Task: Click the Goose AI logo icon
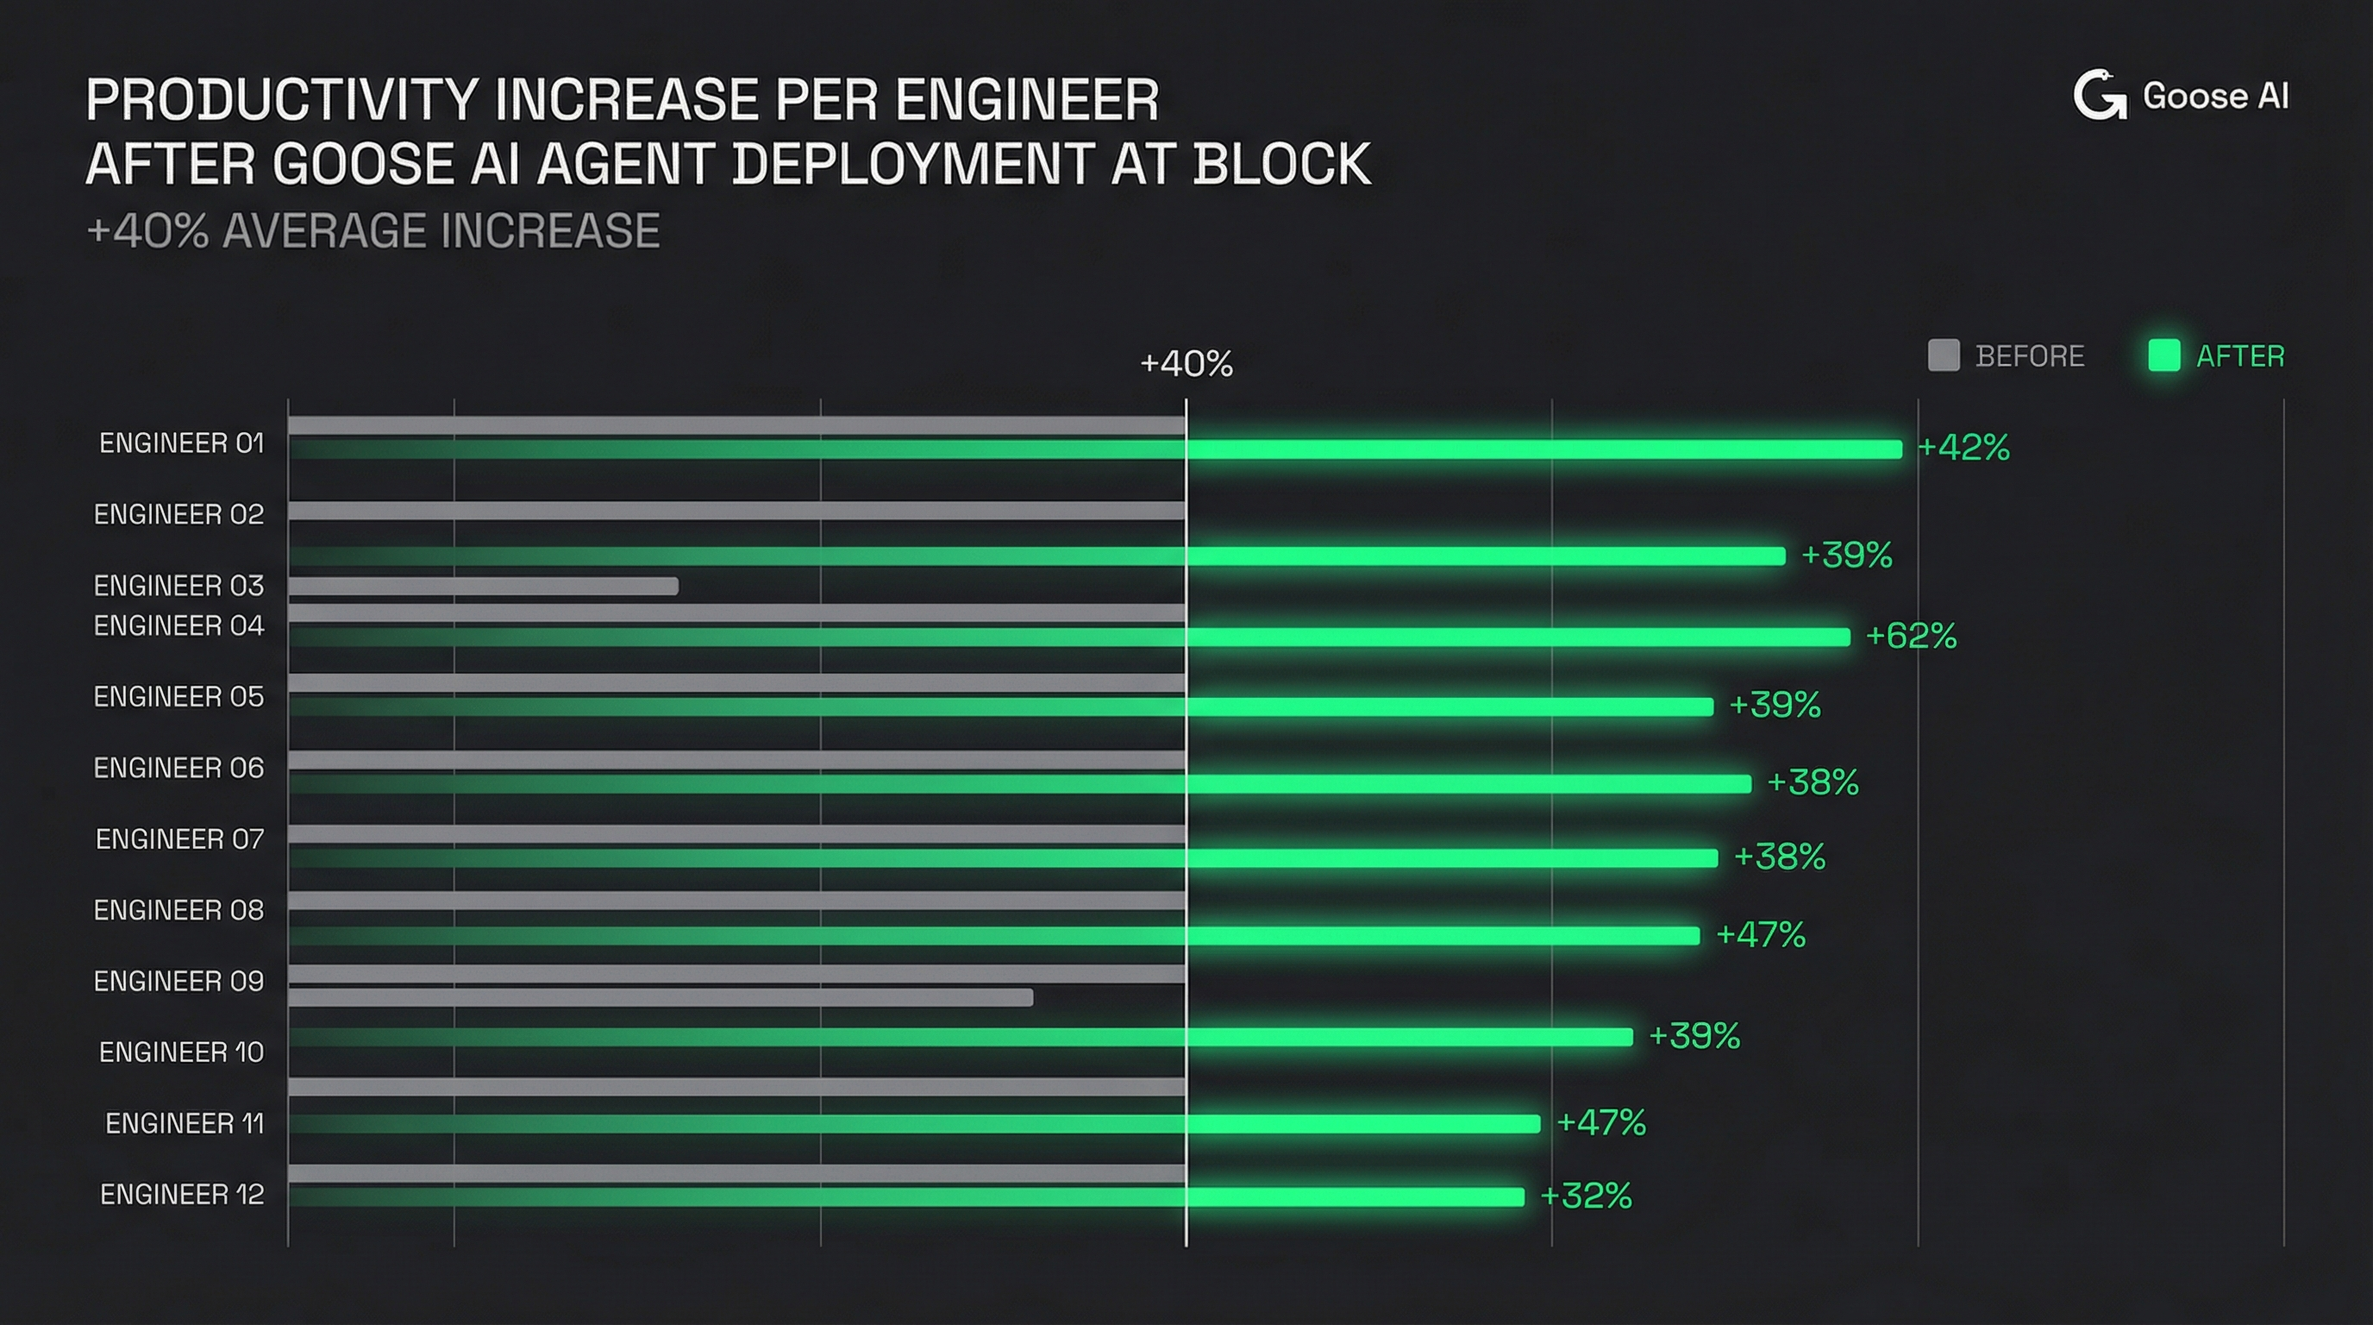pos(2099,96)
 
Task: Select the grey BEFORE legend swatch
pos(1943,355)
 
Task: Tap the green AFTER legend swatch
pos(2163,355)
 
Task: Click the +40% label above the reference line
pos(1186,364)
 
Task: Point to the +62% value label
pos(1911,636)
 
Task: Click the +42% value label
pos(1963,448)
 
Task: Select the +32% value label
pos(1586,1196)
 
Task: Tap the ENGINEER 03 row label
pos(178,586)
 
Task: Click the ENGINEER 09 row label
pos(178,982)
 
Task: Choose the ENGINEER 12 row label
pos(181,1194)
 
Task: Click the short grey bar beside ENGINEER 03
pos(484,586)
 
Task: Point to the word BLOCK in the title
pos(1281,164)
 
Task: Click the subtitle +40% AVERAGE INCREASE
pos(373,230)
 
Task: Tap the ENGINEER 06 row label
pos(178,769)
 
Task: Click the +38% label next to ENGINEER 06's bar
pos(1812,782)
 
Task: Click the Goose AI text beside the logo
pos(2214,97)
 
